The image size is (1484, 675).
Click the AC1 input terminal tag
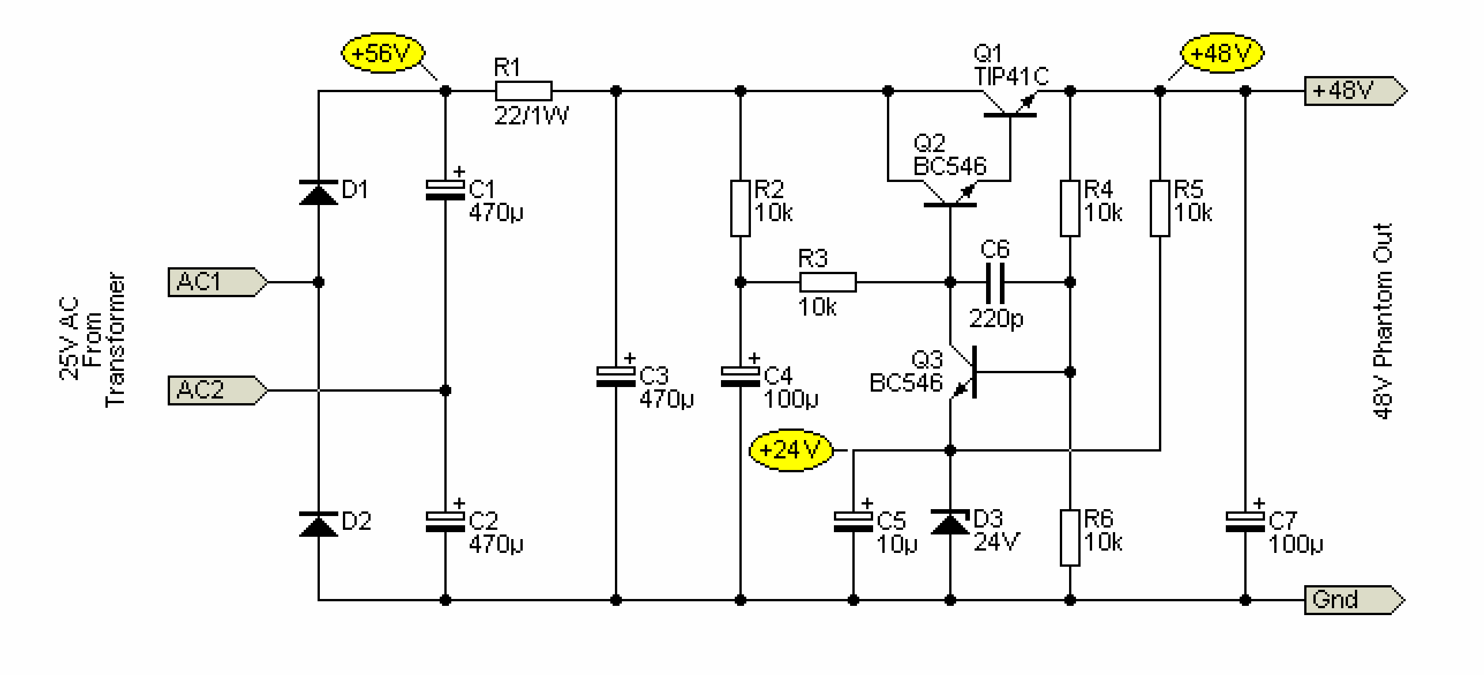[218, 282]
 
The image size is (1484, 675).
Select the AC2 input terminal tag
[218, 390]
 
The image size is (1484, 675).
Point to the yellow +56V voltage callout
[383, 54]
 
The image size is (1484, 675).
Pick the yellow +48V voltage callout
[1222, 54]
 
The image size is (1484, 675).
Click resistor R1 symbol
[523, 91]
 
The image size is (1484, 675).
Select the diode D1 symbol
[319, 192]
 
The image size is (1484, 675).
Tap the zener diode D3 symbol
[950, 522]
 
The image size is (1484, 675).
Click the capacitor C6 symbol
[995, 283]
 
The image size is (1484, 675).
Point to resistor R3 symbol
[828, 282]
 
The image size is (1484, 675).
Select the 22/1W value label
[531, 116]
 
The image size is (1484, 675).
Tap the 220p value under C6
[996, 318]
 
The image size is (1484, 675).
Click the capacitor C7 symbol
[1245, 522]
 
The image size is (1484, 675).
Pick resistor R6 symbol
[1070, 537]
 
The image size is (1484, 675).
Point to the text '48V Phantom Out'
[1383, 321]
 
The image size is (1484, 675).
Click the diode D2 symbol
[319, 524]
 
